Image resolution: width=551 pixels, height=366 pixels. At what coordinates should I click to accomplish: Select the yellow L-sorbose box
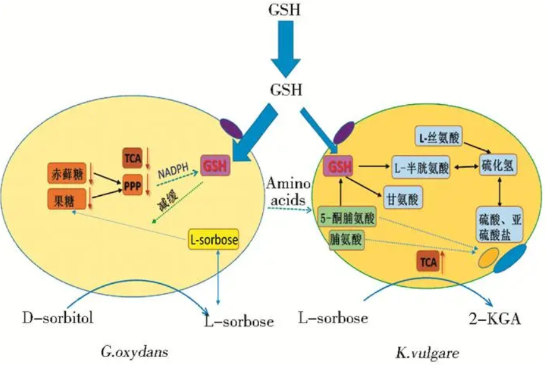(213, 239)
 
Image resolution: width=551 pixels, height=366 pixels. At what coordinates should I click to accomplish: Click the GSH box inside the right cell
(340, 167)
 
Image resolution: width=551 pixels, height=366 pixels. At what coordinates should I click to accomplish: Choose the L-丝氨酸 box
(440, 136)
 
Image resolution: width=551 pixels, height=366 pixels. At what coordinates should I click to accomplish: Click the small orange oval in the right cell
(489, 257)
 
